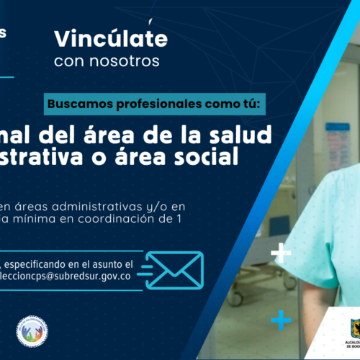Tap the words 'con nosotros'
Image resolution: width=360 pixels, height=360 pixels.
[107, 61]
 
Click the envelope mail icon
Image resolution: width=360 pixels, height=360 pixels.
[175, 269]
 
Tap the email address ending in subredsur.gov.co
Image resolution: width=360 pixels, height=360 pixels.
[65, 277]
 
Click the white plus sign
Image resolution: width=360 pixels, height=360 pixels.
[281, 253]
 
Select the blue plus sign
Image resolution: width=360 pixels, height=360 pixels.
[281, 318]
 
